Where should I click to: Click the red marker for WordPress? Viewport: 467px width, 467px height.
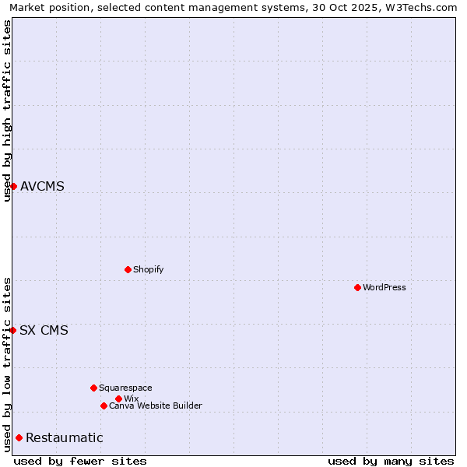pos(357,287)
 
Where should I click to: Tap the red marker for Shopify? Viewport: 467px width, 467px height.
pos(128,269)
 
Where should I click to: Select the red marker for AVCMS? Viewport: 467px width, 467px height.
pos(13,186)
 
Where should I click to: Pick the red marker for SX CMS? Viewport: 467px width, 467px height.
pos(12,330)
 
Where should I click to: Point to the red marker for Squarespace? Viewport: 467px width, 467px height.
pos(93,388)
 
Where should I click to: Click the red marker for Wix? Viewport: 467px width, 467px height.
pos(118,399)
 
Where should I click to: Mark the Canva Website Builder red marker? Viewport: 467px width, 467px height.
pos(104,406)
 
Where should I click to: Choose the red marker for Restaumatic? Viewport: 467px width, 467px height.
pos(19,437)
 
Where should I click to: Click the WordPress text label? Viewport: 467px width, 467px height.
pos(384,287)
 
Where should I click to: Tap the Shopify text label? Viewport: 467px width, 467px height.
pos(149,269)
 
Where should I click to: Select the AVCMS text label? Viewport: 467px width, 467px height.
pos(42,186)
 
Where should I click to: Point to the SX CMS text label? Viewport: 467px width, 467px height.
pos(44,330)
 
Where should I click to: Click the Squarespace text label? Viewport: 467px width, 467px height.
pos(125,388)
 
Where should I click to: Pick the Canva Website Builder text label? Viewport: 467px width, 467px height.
pos(156,406)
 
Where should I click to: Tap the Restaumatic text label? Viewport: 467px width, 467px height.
pos(64,437)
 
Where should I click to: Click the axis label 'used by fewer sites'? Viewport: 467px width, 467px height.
pos(80,461)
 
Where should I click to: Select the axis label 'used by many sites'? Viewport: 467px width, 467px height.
pos(391,461)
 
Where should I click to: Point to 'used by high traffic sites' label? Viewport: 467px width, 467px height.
pos(7,111)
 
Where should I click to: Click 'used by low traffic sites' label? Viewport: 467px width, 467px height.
pos(7,364)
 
